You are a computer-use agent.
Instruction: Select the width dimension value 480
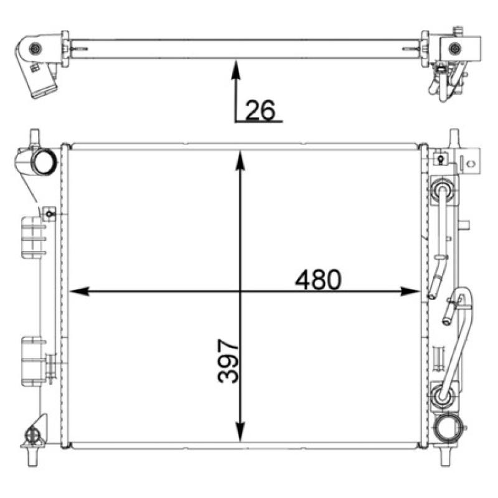coord(318,280)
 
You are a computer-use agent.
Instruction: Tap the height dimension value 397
coord(228,361)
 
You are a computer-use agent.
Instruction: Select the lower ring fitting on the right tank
coord(442,393)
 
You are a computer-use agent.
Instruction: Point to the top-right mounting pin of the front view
coord(453,137)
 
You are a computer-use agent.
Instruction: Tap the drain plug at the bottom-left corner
coord(32,435)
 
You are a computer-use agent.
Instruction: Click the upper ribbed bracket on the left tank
coord(32,237)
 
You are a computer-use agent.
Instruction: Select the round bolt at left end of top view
coord(36,49)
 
